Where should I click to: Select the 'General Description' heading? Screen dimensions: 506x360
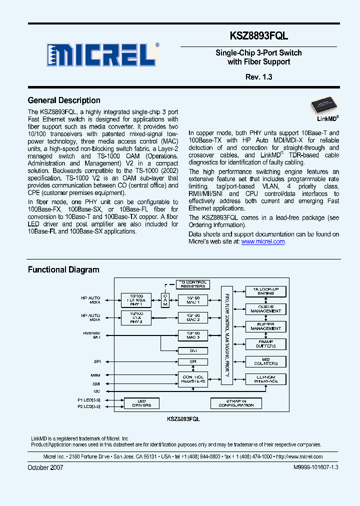tap(64, 100)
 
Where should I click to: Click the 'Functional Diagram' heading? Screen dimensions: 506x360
tap(63, 270)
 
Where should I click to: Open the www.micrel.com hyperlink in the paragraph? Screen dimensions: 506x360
tap(263, 241)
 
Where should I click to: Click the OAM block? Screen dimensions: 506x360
tap(165, 300)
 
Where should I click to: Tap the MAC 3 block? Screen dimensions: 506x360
tap(192, 335)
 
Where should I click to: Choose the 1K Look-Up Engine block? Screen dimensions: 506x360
tap(265, 291)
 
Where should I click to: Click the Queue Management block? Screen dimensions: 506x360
tap(265, 309)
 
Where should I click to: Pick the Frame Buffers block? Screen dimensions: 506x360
tap(265, 344)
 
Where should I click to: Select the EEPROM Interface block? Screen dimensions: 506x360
tap(265, 379)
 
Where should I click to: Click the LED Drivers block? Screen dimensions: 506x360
tap(141, 403)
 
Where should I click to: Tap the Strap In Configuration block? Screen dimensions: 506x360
tap(236, 403)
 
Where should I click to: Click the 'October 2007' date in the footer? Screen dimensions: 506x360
tap(45, 467)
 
